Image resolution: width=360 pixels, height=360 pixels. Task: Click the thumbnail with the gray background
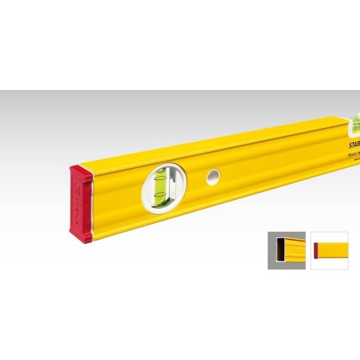(287, 250)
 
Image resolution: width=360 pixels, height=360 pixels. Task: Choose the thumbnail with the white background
(328, 250)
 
